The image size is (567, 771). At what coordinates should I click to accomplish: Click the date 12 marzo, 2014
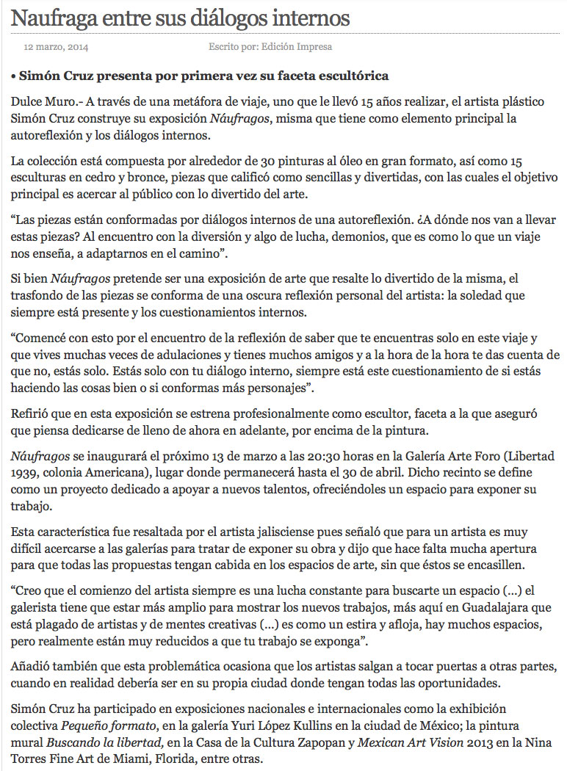click(x=57, y=47)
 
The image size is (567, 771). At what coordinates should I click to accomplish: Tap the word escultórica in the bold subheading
click(x=345, y=76)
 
